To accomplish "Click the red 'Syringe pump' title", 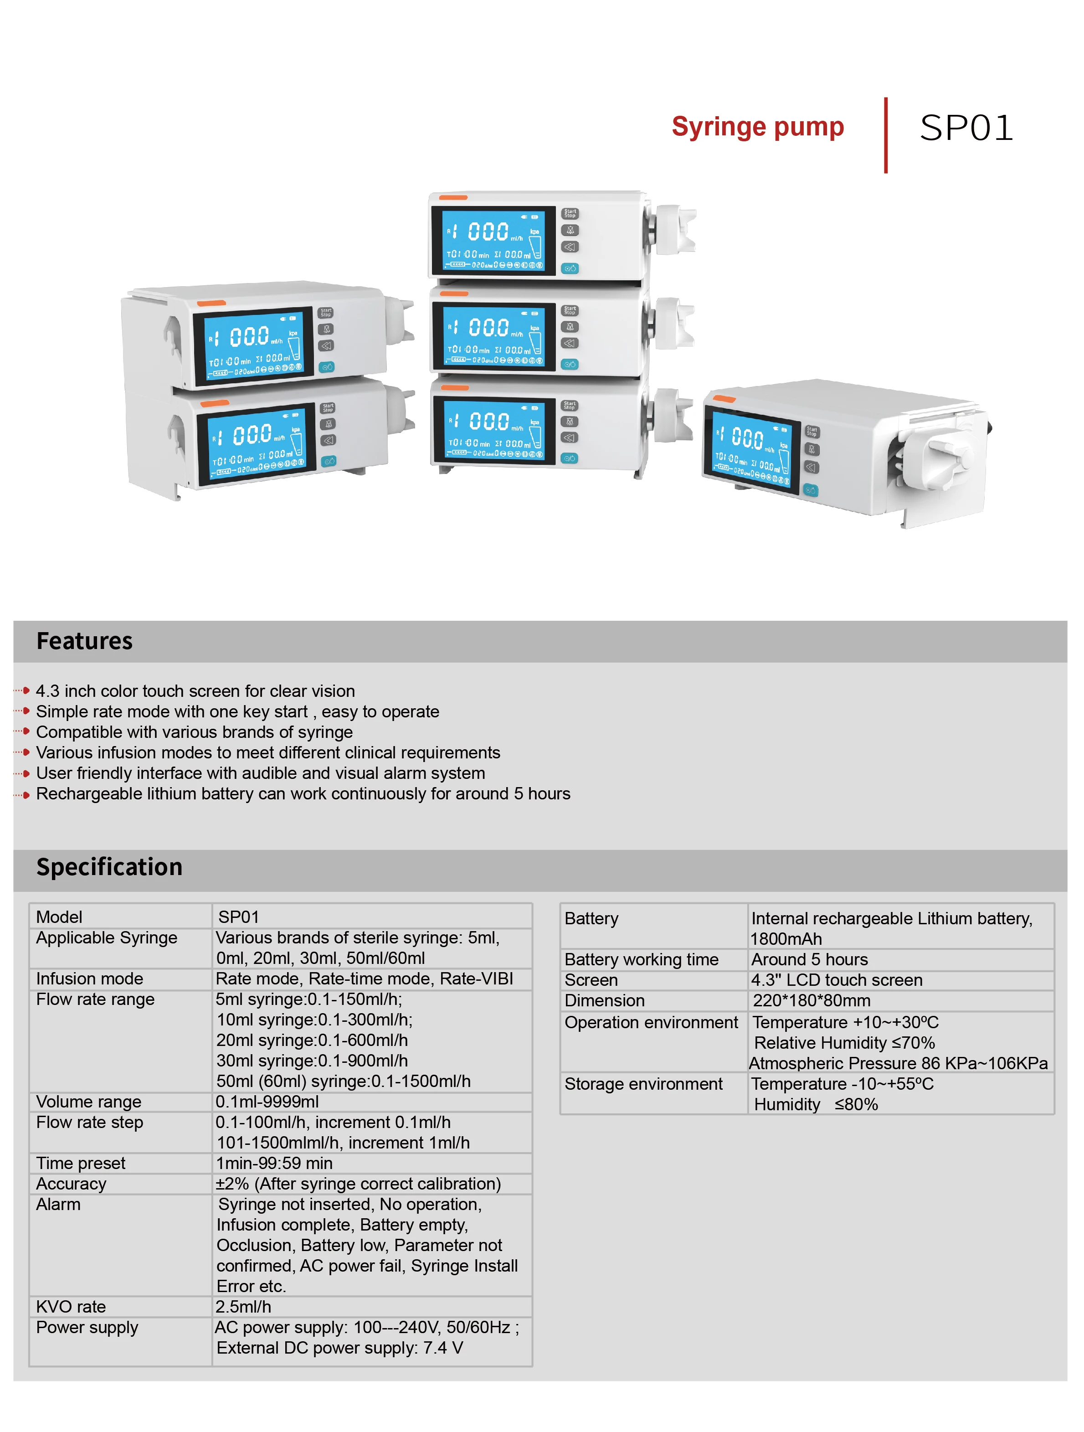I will click(757, 127).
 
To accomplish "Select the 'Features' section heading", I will click(85, 641).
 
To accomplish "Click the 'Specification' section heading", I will click(109, 867).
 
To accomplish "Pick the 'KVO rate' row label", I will click(71, 1306).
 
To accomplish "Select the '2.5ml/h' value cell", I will click(243, 1306).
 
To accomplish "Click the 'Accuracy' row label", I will click(71, 1184).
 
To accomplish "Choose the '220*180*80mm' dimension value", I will click(811, 1001).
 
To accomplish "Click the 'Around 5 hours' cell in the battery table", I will click(809, 959).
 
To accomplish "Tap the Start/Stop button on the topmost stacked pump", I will click(570, 213).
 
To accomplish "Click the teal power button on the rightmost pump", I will click(810, 490).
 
